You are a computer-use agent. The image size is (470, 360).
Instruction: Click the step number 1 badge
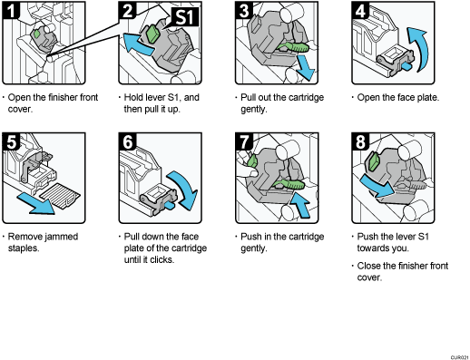point(10,11)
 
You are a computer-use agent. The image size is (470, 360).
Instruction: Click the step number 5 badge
point(10,141)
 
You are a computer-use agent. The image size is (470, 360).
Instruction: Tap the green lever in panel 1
point(39,36)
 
